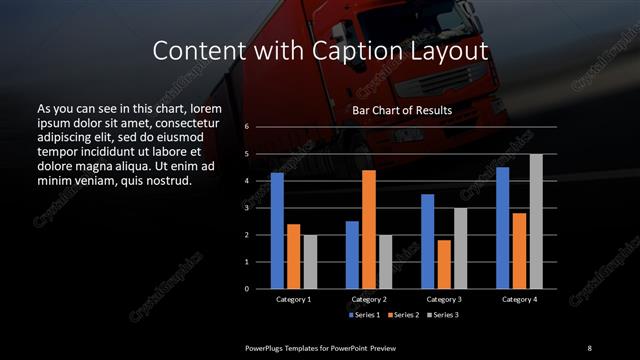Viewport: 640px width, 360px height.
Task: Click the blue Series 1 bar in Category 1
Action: (277, 231)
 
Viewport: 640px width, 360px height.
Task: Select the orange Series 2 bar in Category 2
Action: (369, 229)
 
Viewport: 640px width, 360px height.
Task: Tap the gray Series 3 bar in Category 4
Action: (536, 221)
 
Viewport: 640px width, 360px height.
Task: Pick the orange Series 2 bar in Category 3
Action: (444, 264)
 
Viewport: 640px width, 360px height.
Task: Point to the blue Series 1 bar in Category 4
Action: (502, 228)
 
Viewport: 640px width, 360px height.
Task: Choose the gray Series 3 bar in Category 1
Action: (310, 262)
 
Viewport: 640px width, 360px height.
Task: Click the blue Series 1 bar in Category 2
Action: (352, 255)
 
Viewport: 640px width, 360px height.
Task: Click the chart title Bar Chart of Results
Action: (402, 110)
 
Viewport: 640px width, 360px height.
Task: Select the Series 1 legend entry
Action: (365, 315)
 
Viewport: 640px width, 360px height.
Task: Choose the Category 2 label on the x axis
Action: (369, 299)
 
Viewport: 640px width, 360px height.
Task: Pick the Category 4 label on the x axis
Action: (519, 299)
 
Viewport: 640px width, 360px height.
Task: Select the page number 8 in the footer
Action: (589, 347)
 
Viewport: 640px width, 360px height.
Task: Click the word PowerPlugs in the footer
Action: (268, 347)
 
